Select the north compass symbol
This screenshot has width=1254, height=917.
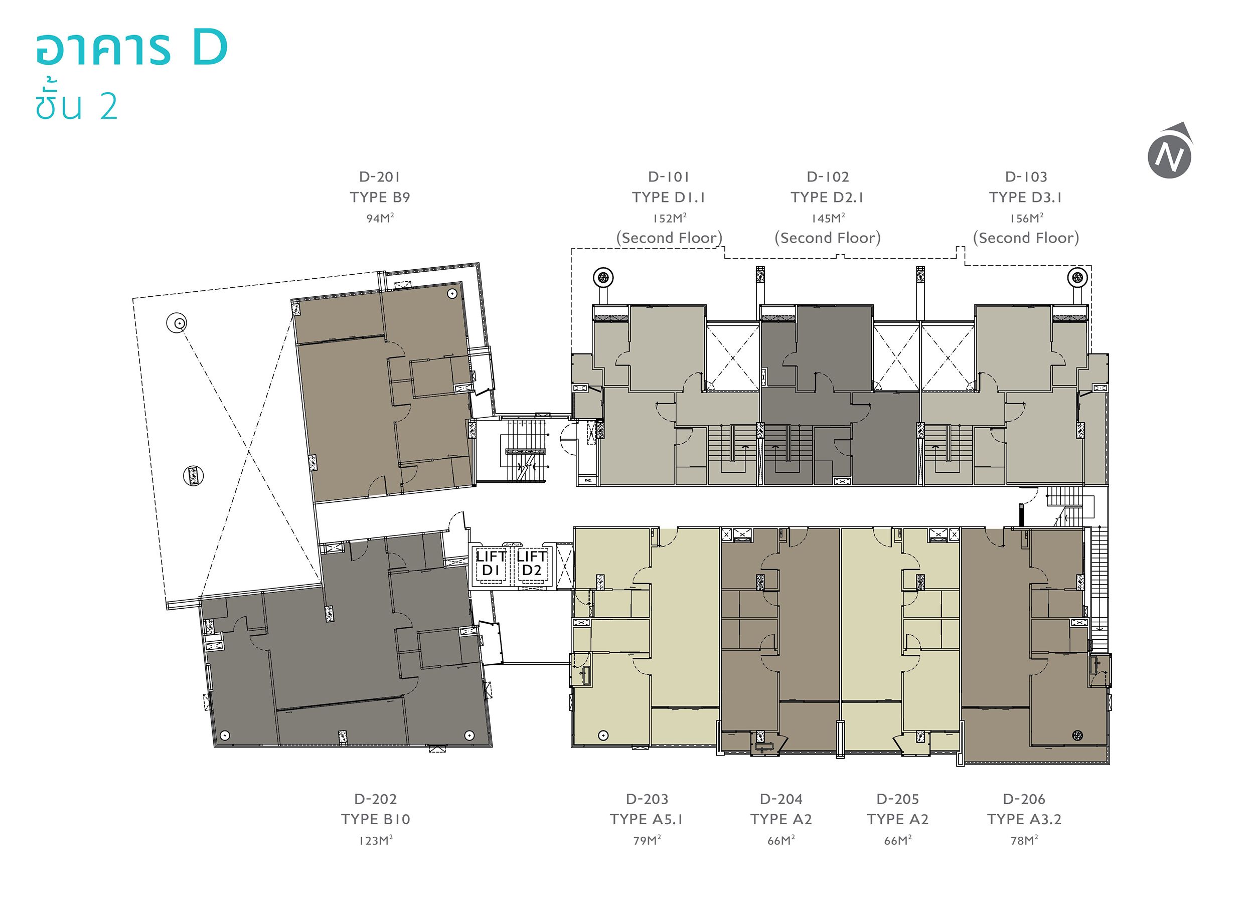coord(1170,151)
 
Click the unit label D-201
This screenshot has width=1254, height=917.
coord(380,177)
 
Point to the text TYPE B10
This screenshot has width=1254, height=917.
coord(375,819)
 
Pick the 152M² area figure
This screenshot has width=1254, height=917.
coord(669,218)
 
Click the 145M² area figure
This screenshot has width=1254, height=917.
coord(828,218)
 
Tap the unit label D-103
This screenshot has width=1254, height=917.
coord(1026,177)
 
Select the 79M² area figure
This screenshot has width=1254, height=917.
coord(647,840)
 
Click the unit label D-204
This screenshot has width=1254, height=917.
coord(781,799)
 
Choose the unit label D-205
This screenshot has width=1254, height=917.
coord(897,799)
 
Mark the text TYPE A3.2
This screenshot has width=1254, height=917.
coord(1024,819)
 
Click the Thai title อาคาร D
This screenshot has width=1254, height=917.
coord(131,48)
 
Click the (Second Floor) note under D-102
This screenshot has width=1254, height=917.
coord(828,238)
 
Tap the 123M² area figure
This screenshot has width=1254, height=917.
coord(375,840)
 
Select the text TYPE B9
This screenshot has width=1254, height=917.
coord(380,197)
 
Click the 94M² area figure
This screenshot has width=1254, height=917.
coord(380,218)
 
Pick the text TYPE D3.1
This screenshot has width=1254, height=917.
coord(1026,197)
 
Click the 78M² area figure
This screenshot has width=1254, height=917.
coord(1024,840)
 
